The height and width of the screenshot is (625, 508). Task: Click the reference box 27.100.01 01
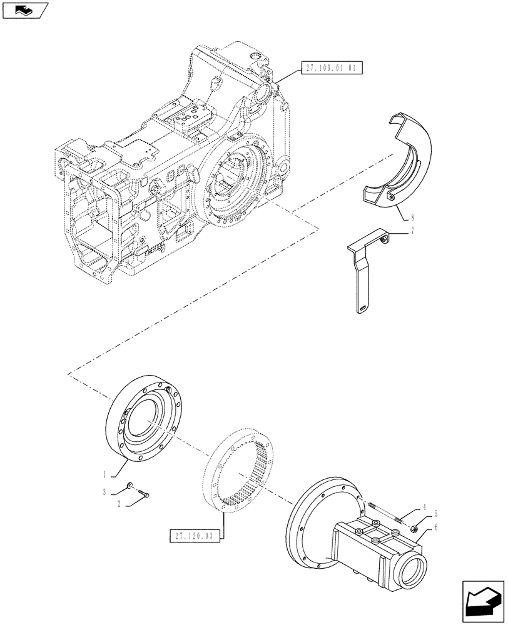pos(332,68)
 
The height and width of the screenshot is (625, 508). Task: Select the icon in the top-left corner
pos(24,9)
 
